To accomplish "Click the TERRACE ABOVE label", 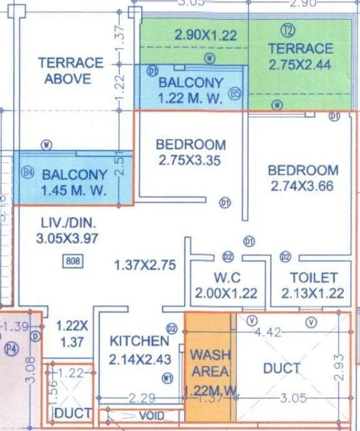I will tap(70, 70).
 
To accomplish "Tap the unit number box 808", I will tap(73, 263).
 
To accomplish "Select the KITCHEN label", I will tap(139, 341).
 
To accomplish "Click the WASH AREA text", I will tap(210, 363).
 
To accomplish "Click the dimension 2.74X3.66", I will tap(303, 185).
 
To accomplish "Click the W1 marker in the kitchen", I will tap(167, 377).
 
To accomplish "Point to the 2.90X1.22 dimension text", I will tap(206, 36).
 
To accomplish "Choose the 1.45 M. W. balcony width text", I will tap(75, 190).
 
